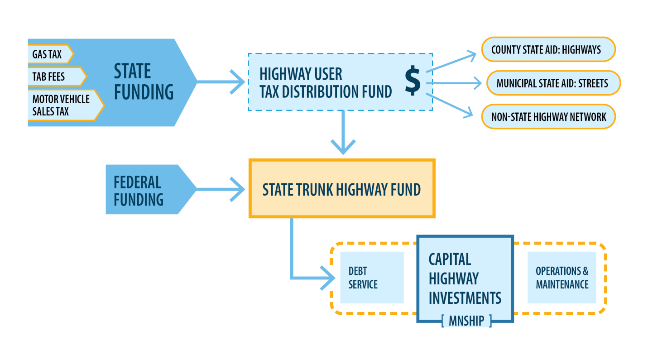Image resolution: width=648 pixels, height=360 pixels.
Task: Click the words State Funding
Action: click(x=143, y=82)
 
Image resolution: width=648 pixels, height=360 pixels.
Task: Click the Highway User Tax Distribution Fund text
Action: click(x=325, y=82)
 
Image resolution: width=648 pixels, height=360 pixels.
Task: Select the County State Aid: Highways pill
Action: click(x=547, y=49)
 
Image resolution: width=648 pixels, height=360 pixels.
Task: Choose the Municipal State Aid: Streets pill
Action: click(x=553, y=83)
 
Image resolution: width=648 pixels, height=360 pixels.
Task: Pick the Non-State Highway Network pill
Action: click(x=548, y=117)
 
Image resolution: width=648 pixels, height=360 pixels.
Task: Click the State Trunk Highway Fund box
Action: click(x=342, y=189)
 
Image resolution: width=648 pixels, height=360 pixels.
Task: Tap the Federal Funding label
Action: click(x=138, y=190)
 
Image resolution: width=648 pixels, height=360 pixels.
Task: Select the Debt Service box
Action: click(x=371, y=278)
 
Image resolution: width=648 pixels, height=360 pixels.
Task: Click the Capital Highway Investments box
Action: click(x=465, y=278)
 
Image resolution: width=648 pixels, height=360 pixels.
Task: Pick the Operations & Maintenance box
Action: click(x=562, y=278)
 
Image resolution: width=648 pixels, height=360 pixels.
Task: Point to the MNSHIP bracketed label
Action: click(x=466, y=321)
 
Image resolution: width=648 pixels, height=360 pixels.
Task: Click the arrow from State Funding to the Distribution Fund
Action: click(x=222, y=82)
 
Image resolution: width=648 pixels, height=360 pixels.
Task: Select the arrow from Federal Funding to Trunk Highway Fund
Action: click(x=222, y=189)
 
